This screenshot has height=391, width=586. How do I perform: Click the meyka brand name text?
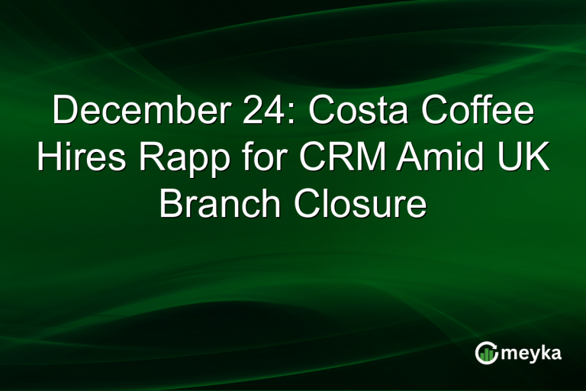pyautogui.click(x=535, y=353)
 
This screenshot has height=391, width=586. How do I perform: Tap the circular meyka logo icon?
pyautogui.click(x=486, y=352)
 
